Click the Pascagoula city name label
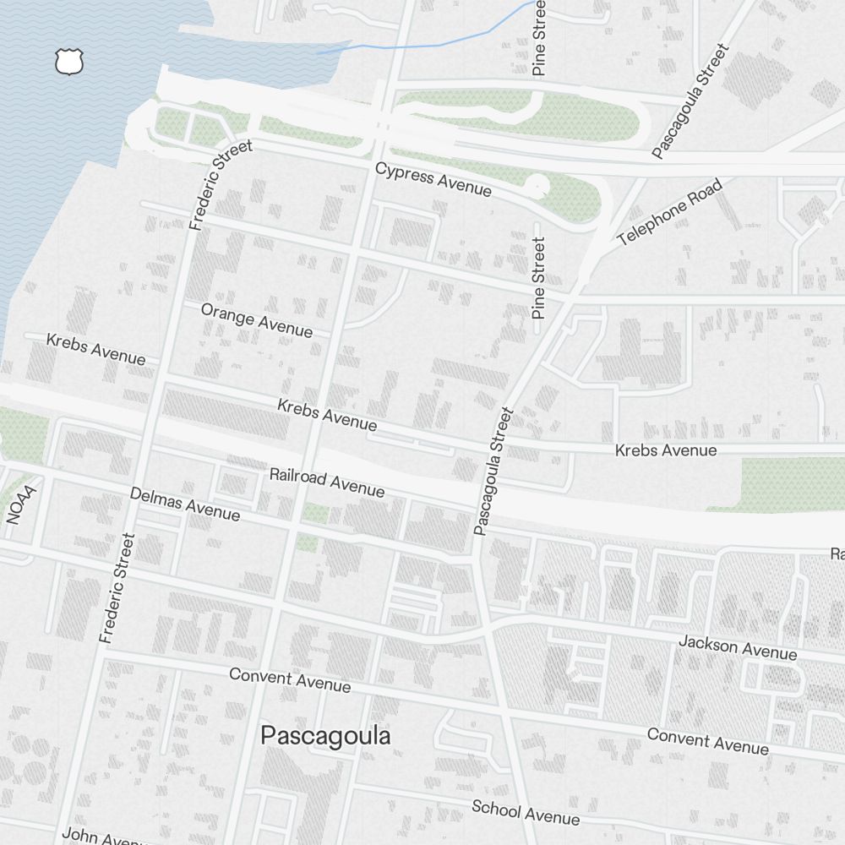(325, 736)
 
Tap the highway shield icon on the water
(70, 62)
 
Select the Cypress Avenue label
(433, 180)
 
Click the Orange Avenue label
(257, 320)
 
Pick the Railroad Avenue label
(327, 482)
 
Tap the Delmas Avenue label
(185, 504)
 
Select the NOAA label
(23, 504)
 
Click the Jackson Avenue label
(737, 648)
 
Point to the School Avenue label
(526, 812)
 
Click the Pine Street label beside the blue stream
(540, 38)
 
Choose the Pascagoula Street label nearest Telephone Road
(690, 102)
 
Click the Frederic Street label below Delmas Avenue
(117, 588)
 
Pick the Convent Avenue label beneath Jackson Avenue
(708, 741)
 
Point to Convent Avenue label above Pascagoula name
(290, 679)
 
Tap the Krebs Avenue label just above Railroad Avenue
(327, 414)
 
